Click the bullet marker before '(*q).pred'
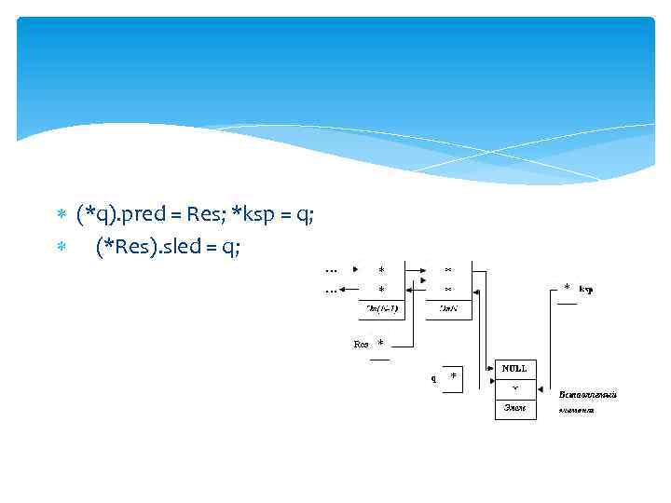pos(62,216)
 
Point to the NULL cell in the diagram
pos(515,369)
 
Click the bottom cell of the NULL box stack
pos(515,408)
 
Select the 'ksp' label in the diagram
pos(586,290)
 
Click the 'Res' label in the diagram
pos(361,345)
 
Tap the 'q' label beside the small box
pos(433,379)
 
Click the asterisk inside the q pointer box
pos(454,376)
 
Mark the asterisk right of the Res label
pos(380,344)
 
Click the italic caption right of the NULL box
pos(587,401)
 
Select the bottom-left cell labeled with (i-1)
pos(382,309)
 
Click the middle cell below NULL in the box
pos(515,388)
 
